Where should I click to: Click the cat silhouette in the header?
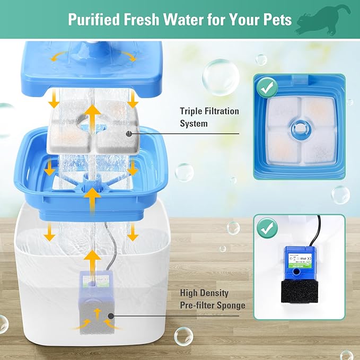coord(323,19)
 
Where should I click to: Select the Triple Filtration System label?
coord(209,117)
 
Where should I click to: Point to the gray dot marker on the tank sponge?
coord(111,317)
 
